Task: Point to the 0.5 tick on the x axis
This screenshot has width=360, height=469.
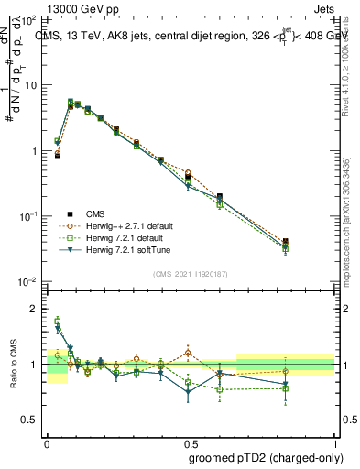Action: [191, 439]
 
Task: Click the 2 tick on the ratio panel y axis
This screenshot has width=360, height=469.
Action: [36, 309]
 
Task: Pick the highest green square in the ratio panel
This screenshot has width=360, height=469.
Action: [57, 322]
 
